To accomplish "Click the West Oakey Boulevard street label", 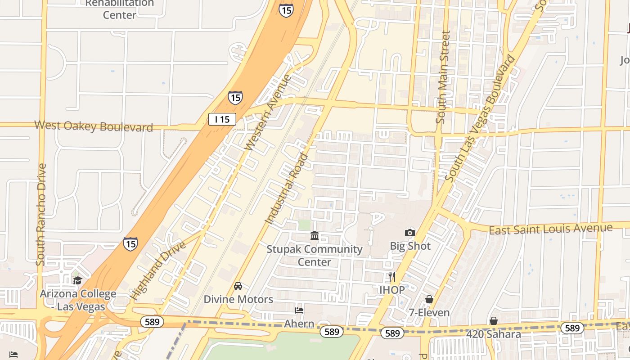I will tap(94, 126).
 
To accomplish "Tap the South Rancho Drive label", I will tap(41, 214).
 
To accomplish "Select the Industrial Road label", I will tap(287, 189).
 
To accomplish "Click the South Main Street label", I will tap(443, 77).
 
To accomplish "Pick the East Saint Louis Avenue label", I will tap(550, 229).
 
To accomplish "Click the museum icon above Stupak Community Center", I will tap(315, 236).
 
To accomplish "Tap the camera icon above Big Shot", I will tap(409, 233).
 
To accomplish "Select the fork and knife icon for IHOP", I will tap(392, 277).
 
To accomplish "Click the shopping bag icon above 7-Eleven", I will tap(429, 299).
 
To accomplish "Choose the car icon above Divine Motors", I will tap(238, 286).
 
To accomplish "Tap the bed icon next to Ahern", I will tap(299, 310).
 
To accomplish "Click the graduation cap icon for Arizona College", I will tap(77, 281).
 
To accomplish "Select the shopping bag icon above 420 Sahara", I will tap(493, 321).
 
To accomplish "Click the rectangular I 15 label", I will tap(222, 119).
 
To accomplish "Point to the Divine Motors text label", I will tap(238, 299).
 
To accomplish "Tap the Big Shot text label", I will tap(410, 246).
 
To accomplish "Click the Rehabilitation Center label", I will tap(119, 9).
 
